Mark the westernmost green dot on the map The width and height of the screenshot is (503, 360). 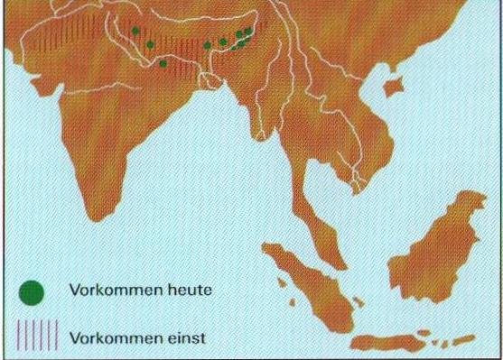pos(135,31)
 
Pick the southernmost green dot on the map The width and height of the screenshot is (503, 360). pos(163,63)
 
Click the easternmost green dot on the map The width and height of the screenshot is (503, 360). pos(248,31)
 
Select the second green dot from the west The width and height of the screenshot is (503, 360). pos(150,43)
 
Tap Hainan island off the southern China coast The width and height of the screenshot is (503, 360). pos(393,88)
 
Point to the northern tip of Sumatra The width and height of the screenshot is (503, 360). pos(265,245)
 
